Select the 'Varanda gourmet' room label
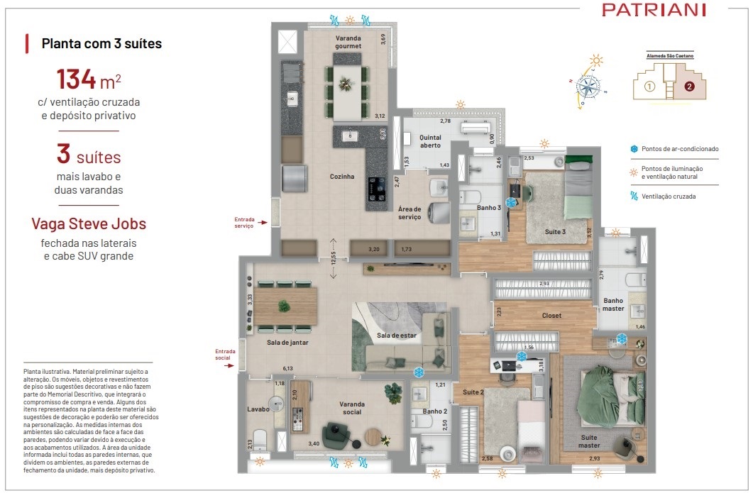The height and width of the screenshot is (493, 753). [348, 42]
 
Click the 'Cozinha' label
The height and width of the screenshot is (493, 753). [342, 177]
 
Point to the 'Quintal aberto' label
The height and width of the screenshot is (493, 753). [430, 141]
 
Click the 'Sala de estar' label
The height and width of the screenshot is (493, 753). [396, 335]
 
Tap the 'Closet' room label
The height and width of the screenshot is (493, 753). [551, 316]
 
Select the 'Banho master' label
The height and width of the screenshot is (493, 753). [614, 304]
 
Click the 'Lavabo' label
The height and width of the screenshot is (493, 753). [258, 409]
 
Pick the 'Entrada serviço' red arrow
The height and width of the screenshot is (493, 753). [263, 223]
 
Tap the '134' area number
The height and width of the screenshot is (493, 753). [77, 79]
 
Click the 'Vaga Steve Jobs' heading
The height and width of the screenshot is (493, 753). [89, 224]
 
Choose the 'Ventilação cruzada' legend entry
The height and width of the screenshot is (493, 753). [669, 196]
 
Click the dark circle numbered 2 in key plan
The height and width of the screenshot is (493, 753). [688, 88]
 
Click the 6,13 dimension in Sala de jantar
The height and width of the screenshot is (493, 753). [288, 368]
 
